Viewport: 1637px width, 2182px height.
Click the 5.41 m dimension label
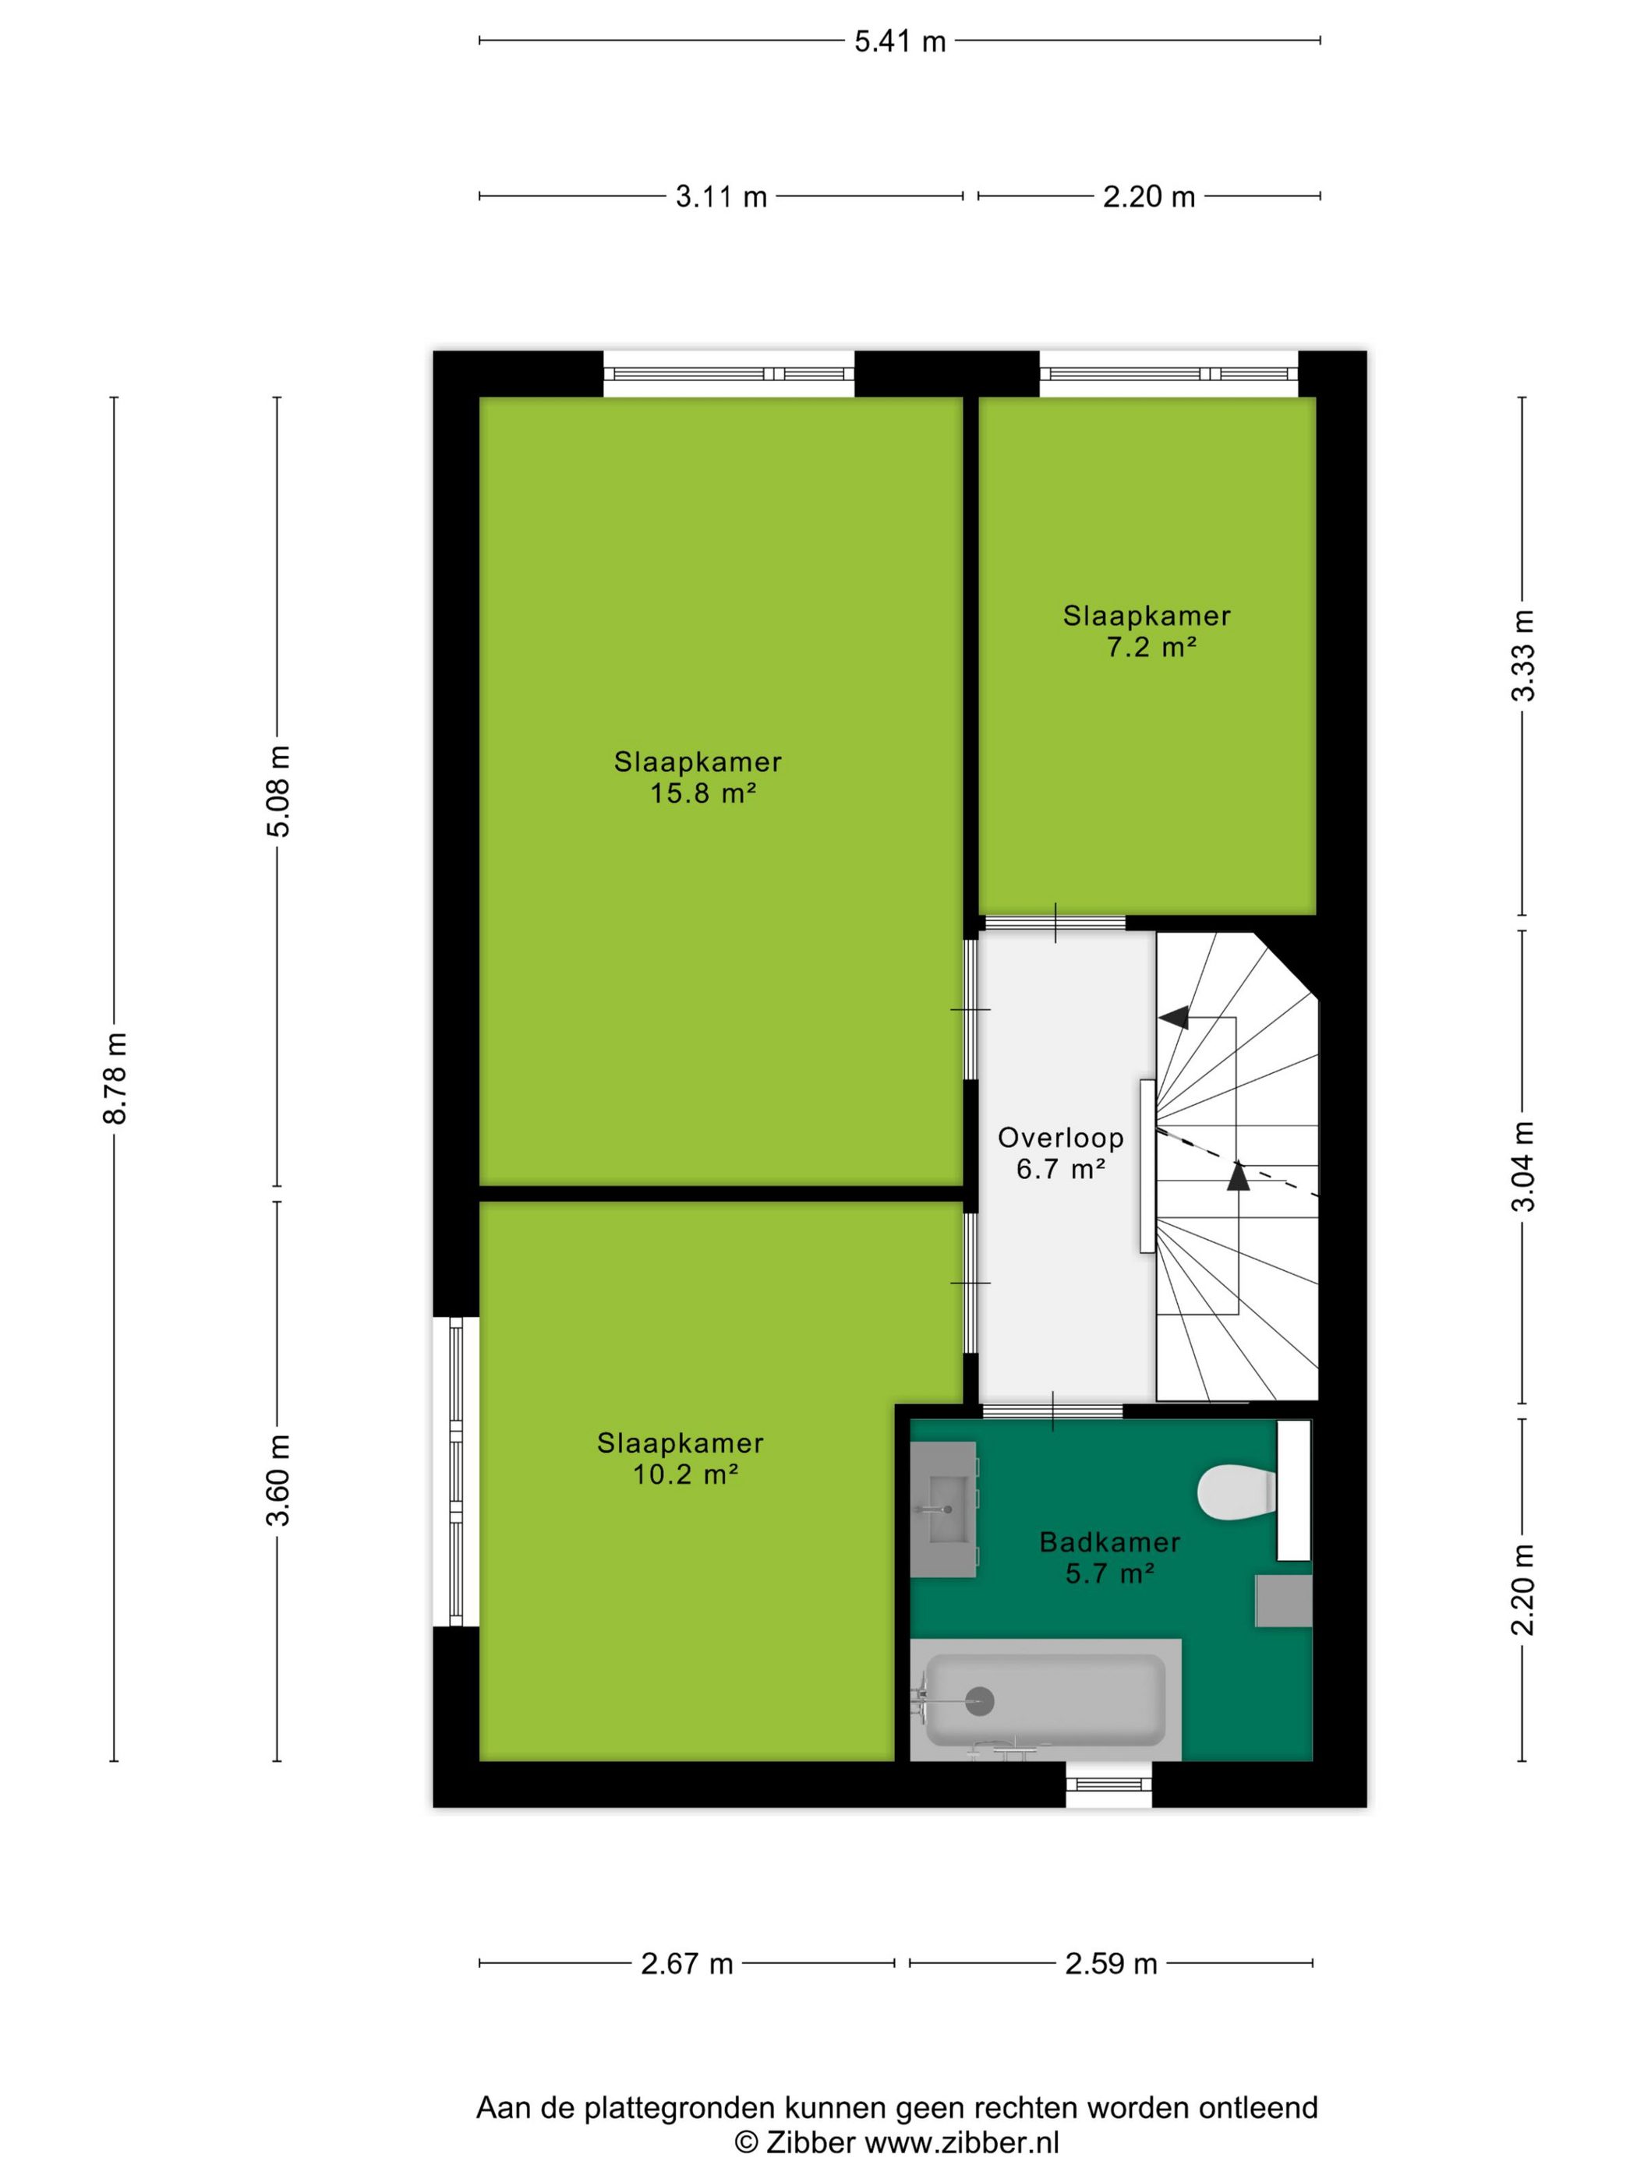tap(899, 41)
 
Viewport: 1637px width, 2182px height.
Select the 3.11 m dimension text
tap(720, 197)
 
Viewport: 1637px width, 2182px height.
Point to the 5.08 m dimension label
tap(279, 790)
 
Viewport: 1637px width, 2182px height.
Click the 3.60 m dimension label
tap(279, 1480)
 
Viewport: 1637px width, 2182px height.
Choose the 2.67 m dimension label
tap(687, 1964)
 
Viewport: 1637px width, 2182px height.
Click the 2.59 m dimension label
tap(1110, 1964)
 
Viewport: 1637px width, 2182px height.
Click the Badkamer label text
tap(1110, 1541)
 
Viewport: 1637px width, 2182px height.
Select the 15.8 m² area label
tap(702, 793)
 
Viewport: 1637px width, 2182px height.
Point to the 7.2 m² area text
tap(1151, 647)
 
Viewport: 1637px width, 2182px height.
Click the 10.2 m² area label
tap(686, 1474)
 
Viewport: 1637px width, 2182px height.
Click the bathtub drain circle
tap(979, 1700)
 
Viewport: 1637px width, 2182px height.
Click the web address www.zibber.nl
tap(962, 2141)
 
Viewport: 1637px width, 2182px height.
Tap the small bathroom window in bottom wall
tap(1108, 1784)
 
